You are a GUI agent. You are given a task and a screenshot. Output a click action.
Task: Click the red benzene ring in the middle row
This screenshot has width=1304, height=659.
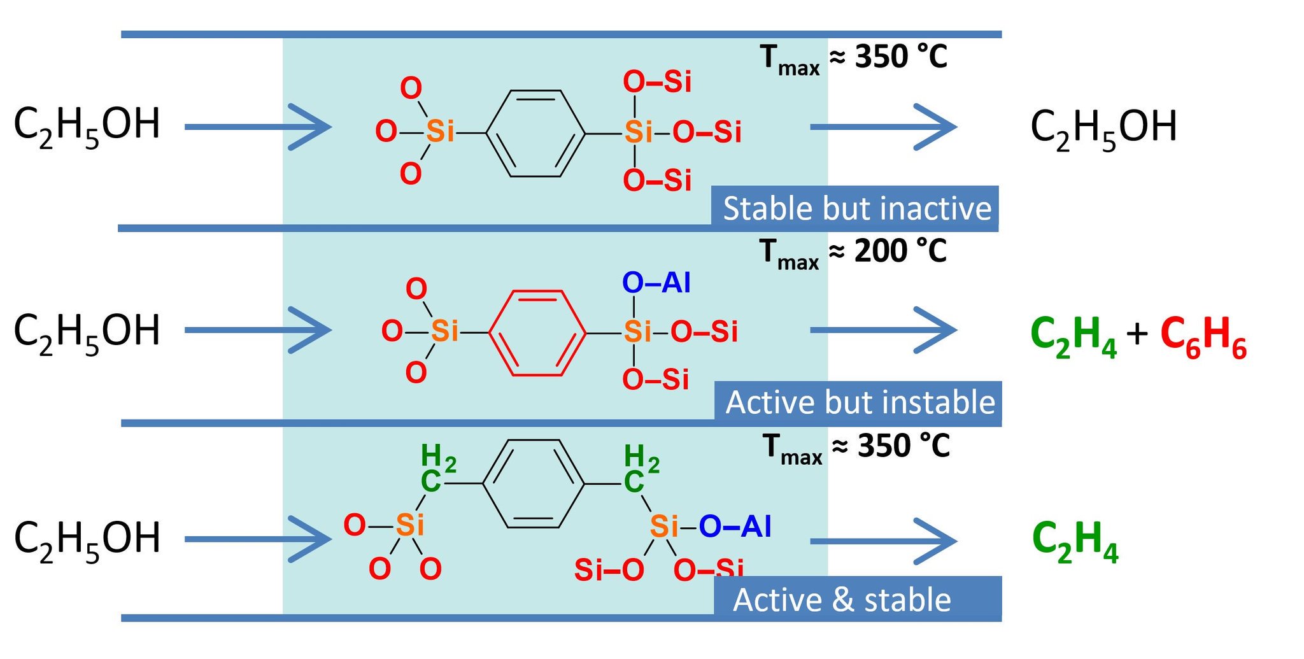click(537, 333)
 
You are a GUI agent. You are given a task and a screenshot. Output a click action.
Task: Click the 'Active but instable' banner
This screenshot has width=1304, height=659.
click(859, 403)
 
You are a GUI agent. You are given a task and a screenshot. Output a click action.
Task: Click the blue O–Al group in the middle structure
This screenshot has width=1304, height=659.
click(656, 283)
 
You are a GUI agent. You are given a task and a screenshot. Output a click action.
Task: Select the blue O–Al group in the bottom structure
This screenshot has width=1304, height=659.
click(735, 527)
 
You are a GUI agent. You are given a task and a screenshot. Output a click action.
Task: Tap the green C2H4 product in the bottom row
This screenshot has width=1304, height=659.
click(1075, 541)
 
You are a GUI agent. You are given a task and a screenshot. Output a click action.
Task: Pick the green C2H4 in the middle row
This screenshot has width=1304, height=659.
click(1074, 337)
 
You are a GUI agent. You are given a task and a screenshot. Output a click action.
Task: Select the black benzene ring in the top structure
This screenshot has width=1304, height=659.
click(535, 133)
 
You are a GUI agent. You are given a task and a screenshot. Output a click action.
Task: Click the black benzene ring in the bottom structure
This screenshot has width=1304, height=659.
click(534, 484)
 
